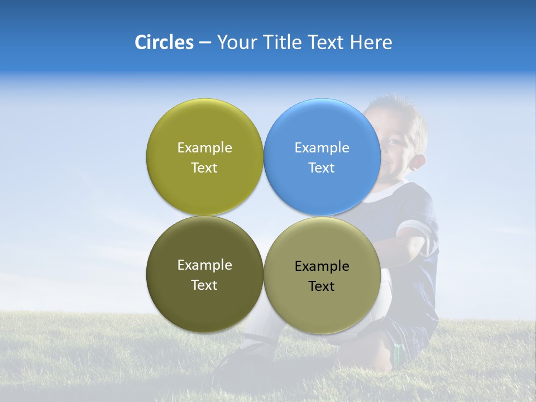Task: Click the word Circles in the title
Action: pos(164,42)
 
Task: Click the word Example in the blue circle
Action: pos(322,147)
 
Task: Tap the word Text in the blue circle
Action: pos(322,167)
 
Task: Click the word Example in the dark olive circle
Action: pos(204,265)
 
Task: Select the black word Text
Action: pos(322,286)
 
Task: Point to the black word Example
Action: pos(322,266)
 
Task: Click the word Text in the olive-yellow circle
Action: pos(204,167)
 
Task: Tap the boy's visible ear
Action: pos(417,162)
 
